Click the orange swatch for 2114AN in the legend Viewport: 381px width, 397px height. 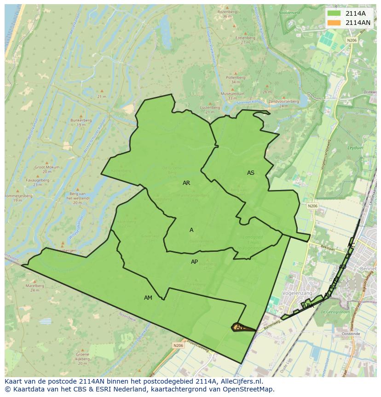click(x=335, y=23)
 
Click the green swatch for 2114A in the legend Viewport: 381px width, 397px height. click(x=335, y=13)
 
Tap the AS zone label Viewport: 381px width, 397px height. click(x=250, y=173)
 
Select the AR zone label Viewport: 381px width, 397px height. click(x=186, y=183)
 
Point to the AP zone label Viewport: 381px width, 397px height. click(x=194, y=262)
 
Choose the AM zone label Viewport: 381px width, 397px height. click(x=148, y=298)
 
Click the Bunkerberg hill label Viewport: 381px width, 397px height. click(x=79, y=120)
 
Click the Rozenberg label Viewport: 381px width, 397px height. click(x=226, y=12)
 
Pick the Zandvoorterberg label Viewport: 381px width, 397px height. click(x=283, y=101)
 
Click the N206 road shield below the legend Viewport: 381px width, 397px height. click(x=352, y=41)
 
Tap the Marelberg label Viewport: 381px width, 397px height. click(x=35, y=286)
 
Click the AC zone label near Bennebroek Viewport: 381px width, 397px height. click(x=351, y=245)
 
